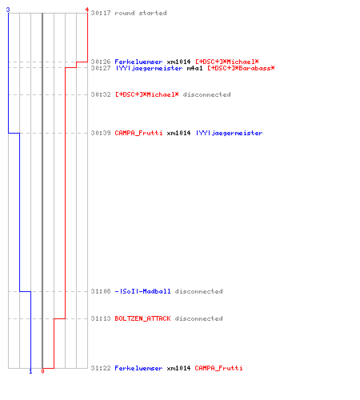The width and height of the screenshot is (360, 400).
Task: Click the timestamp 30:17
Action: [x=101, y=13]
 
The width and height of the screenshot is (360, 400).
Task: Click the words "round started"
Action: [x=141, y=13]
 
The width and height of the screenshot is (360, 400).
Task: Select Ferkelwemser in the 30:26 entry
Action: [x=138, y=62]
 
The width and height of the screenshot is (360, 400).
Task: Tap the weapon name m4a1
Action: [x=194, y=68]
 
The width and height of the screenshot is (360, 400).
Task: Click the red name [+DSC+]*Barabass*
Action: [x=241, y=68]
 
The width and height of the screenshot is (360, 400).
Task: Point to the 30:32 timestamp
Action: [x=101, y=94]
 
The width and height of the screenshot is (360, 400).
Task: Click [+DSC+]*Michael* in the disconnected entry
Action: [x=146, y=94]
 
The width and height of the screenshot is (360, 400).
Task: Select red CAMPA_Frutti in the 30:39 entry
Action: [x=138, y=133]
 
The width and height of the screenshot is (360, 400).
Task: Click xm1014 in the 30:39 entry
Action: [x=178, y=133]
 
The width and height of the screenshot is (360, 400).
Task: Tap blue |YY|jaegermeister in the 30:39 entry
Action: [x=229, y=133]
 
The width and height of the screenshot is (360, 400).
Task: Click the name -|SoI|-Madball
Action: [x=142, y=291]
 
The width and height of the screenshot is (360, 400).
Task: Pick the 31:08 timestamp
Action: [x=101, y=291]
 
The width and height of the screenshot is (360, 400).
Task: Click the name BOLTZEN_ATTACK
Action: [x=142, y=318]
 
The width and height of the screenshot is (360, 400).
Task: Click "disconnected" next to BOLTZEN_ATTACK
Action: [x=198, y=318]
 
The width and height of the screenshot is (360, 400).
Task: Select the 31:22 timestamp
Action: [x=101, y=368]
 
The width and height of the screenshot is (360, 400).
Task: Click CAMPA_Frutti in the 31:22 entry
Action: [x=218, y=368]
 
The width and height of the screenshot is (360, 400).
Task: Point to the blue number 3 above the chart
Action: [x=8, y=10]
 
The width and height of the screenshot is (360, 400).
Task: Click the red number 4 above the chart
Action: [x=86, y=10]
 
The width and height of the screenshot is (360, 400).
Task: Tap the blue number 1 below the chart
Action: [x=30, y=371]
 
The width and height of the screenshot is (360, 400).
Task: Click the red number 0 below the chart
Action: [x=42, y=371]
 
